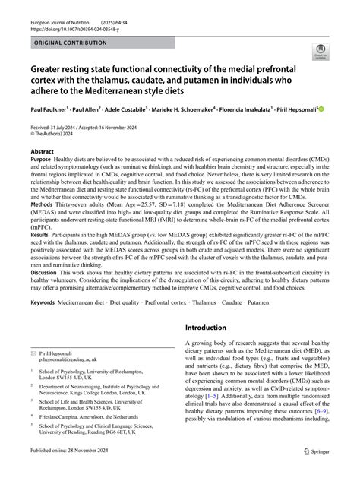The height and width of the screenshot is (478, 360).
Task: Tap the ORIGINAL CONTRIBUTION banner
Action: coord(71,43)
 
